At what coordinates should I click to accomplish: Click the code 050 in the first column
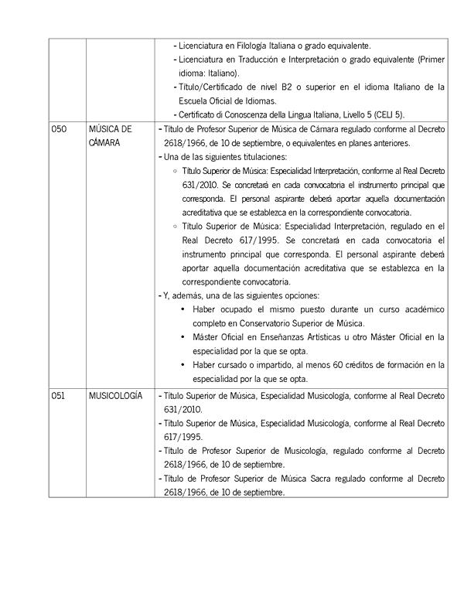(x=60, y=130)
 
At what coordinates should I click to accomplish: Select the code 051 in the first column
(x=59, y=395)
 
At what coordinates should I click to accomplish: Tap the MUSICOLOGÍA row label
(x=116, y=395)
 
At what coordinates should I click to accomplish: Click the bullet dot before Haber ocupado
(x=183, y=309)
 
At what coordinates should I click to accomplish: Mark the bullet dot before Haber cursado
(x=183, y=365)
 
